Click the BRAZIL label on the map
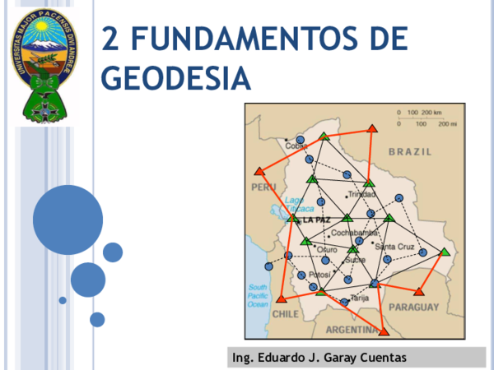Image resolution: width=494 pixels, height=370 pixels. (409, 152)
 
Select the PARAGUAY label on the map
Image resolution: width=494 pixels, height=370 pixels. (417, 306)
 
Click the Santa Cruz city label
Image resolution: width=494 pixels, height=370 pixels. (394, 246)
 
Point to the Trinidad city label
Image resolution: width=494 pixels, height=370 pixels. (362, 195)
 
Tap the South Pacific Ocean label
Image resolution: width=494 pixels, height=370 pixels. (259, 295)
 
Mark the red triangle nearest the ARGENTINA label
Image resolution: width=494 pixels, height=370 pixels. (383, 331)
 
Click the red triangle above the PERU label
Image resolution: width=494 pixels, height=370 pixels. (259, 171)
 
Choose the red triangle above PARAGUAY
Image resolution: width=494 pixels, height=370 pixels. (419, 290)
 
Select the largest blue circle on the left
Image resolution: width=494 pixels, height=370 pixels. (68, 220)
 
